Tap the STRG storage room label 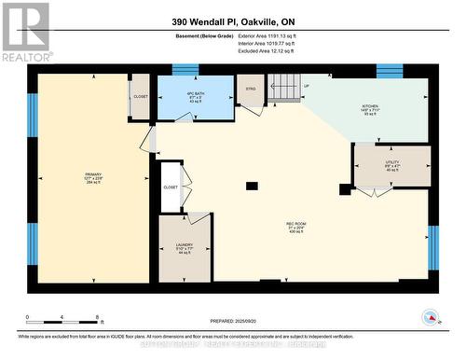click(x=250, y=90)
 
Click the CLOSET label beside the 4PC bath click(x=140, y=96)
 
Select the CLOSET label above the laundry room click(x=171, y=187)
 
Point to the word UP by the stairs click(x=307, y=86)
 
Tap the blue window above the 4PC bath click(x=185, y=69)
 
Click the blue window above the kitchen click(x=389, y=70)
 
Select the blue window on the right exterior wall click(x=432, y=246)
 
